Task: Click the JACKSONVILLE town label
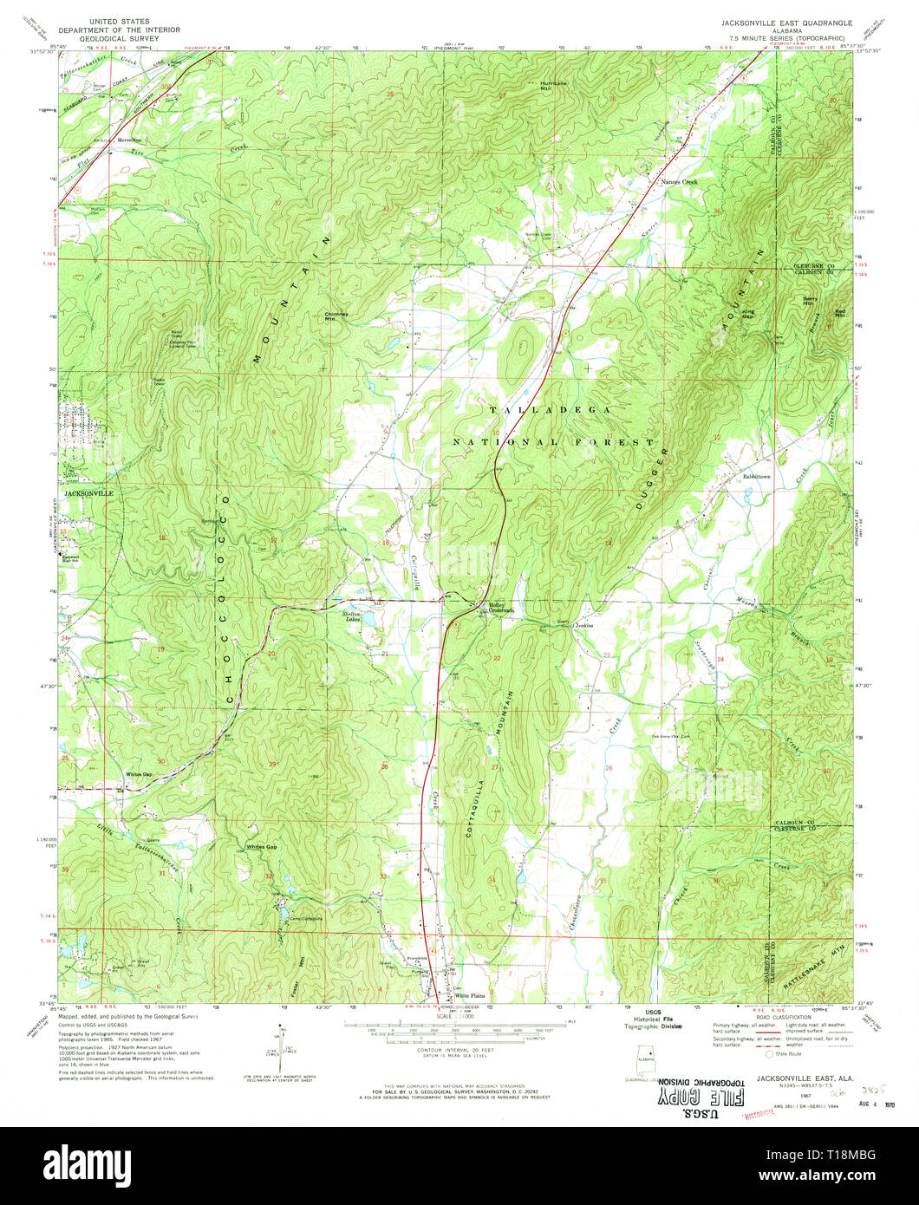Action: tap(88, 492)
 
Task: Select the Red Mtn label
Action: tap(839, 311)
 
